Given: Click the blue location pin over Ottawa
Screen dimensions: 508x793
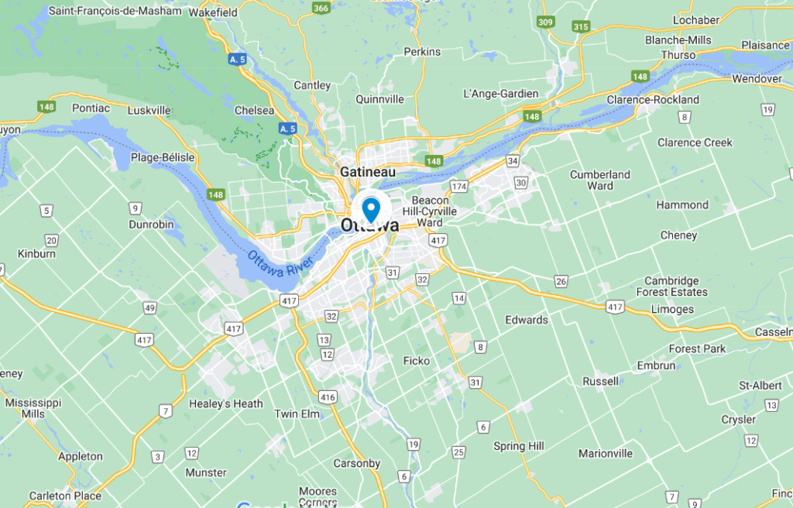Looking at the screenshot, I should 371,208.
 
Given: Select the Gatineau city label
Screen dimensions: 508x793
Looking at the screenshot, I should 368,171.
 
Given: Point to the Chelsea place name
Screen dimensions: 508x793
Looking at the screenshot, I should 255,111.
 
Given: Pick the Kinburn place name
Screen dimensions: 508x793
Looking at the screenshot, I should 36,253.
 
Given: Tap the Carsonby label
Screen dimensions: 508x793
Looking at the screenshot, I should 357,463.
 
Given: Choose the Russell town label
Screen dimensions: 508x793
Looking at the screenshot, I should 601,381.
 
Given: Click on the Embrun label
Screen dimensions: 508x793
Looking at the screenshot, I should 656,366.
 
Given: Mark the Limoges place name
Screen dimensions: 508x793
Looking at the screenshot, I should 671,310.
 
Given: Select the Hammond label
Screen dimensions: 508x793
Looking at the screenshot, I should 682,205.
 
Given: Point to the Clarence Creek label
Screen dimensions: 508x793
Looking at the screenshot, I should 695,142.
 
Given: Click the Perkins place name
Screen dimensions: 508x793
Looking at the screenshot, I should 422,52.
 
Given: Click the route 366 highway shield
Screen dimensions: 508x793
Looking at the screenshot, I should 321,8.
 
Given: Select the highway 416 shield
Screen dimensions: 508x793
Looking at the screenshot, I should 328,397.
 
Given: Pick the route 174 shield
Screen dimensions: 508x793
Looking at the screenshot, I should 459,187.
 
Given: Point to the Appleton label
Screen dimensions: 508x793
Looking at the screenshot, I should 81,456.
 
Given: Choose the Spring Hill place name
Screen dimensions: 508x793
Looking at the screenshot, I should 519,446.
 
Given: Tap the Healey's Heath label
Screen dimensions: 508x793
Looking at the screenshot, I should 226,403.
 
